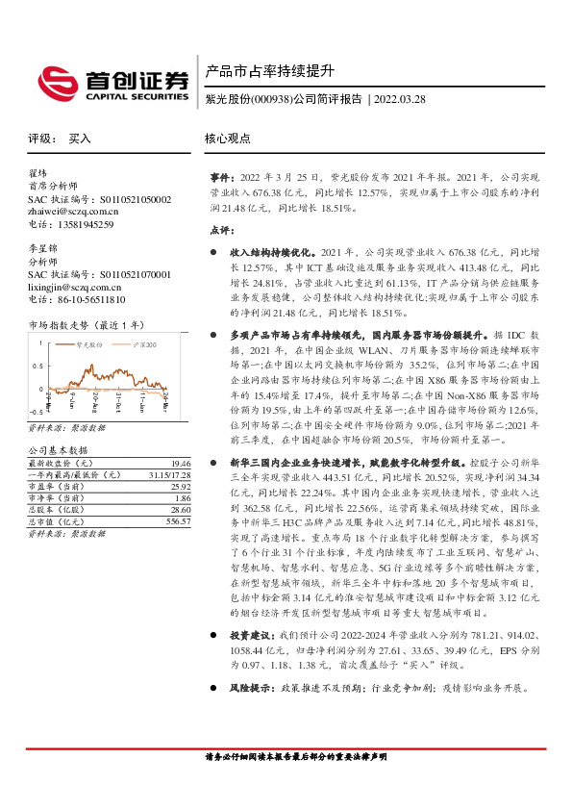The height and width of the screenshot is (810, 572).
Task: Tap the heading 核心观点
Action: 228,139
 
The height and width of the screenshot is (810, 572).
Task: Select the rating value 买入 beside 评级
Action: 79,139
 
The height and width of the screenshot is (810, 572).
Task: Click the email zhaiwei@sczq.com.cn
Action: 73,212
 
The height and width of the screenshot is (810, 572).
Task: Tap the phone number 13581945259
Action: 84,224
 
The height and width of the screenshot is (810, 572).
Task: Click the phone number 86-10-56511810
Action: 90,299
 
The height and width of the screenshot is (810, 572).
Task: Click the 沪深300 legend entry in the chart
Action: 142,342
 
